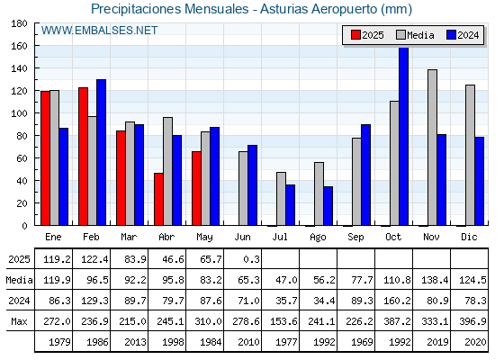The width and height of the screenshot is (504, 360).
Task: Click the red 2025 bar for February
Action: tap(83, 157)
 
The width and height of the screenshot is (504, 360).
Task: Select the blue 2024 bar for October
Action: tap(404, 136)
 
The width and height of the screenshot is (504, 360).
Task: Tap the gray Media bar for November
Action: tap(432, 148)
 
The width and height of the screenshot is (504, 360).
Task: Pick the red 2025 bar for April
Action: tap(158, 199)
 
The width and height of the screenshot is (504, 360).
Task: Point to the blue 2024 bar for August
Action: tap(328, 206)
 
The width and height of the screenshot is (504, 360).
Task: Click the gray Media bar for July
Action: tap(281, 199)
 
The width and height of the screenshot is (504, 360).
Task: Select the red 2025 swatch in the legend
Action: tap(355, 35)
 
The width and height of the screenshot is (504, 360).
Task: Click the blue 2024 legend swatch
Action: tap(451, 35)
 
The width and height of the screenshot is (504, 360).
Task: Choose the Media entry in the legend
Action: tap(415, 35)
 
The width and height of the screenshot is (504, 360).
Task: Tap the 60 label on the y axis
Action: tap(22, 158)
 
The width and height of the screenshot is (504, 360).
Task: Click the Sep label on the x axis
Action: tap(355, 238)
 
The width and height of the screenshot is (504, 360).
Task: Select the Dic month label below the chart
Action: tap(469, 237)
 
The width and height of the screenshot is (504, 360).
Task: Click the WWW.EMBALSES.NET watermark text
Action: tap(99, 31)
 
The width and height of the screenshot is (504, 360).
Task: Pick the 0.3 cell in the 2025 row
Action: tap(251, 259)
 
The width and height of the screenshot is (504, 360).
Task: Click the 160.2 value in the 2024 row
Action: tap(397, 301)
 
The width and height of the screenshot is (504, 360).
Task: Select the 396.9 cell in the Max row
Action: tap(472, 321)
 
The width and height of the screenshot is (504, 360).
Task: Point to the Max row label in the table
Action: tap(19, 321)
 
